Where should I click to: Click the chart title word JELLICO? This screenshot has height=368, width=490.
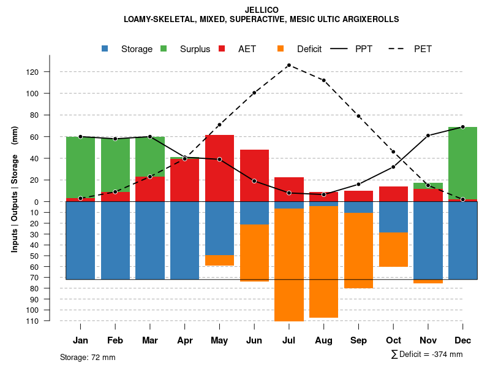click(x=261, y=10)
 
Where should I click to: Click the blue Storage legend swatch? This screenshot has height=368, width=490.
click(x=105, y=48)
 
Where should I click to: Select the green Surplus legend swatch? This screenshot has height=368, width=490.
click(x=164, y=48)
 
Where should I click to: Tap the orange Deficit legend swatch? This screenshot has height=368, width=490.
click(x=281, y=48)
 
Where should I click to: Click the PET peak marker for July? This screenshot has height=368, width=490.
click(x=288, y=65)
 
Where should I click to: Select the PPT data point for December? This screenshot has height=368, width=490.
click(x=462, y=127)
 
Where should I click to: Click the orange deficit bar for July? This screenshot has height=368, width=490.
click(x=288, y=264)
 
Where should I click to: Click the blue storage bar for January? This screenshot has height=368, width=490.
click(x=80, y=240)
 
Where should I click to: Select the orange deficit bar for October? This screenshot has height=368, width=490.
click(x=393, y=250)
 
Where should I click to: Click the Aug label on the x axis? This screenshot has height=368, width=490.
click(x=323, y=340)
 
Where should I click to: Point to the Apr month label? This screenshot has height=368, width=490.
click(x=184, y=340)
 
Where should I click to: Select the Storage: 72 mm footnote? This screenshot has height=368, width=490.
click(x=88, y=357)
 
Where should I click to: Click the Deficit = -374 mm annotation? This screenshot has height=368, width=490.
click(x=427, y=355)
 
